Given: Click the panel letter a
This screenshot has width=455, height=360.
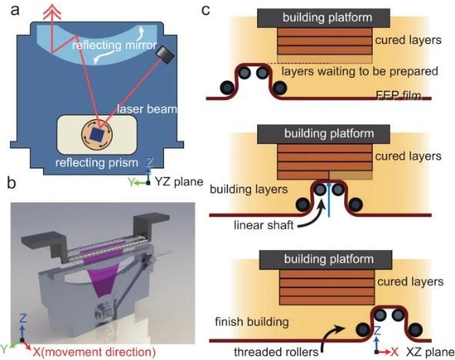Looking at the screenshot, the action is click(x=15, y=11).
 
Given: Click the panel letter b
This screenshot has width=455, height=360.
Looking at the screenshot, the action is click(x=12, y=183).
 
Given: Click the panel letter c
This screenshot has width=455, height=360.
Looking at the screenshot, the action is click(x=206, y=11).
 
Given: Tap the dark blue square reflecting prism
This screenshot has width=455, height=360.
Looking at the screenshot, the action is click(x=97, y=134).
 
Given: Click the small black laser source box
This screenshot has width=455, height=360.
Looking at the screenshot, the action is click(x=165, y=54).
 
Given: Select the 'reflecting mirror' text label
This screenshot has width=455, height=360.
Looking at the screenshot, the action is click(x=115, y=45).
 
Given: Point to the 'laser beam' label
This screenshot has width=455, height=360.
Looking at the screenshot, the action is click(x=147, y=109).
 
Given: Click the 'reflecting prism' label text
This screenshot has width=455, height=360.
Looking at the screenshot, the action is click(x=97, y=162).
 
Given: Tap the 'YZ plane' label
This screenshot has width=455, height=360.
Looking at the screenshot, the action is click(x=179, y=182).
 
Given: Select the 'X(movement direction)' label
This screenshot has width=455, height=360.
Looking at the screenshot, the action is click(x=94, y=352).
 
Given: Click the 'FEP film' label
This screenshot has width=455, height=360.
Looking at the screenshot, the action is click(x=398, y=95).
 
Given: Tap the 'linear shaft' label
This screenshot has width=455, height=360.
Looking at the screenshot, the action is click(x=263, y=225).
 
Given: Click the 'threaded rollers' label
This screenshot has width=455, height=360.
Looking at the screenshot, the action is click(x=276, y=352).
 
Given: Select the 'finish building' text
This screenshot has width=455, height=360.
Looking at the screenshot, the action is click(x=252, y=322).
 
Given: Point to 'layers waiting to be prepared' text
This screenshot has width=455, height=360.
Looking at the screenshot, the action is click(x=360, y=72).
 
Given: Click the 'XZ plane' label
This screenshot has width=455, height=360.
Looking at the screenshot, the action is click(x=430, y=352).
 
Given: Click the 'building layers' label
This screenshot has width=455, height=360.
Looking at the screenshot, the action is click(x=249, y=189).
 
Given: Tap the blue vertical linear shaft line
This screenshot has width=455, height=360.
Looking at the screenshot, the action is click(x=329, y=200).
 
